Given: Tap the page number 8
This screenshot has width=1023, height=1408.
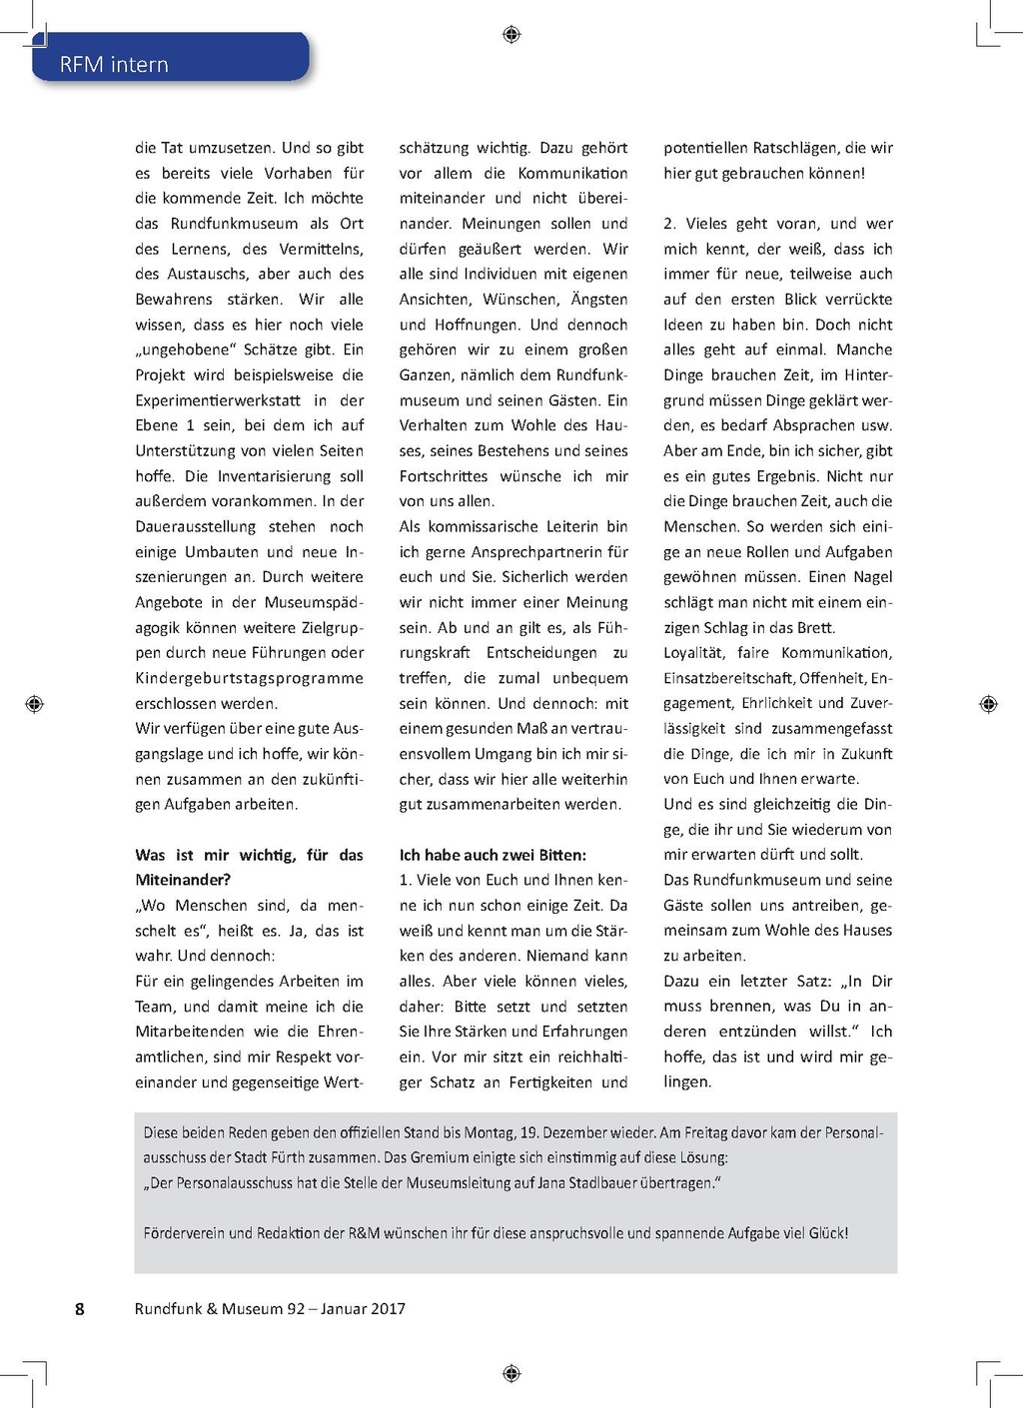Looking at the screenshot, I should click(80, 1309).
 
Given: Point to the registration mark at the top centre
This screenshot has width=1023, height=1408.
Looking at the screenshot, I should click(511, 35).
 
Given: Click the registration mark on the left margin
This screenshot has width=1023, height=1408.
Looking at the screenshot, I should click(34, 704).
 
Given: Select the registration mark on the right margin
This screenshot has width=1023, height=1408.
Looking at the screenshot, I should click(988, 704).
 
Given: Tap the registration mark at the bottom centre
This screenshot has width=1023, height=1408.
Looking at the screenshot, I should click(511, 1373).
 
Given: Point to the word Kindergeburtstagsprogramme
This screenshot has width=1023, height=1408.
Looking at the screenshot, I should click(249, 678).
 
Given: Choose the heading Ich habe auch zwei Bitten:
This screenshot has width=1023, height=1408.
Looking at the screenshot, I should click(493, 855).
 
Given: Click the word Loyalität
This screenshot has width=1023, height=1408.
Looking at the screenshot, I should click(693, 653).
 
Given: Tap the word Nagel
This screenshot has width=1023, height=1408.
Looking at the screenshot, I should click(870, 577).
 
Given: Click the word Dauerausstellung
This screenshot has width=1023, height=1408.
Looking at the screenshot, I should click(195, 526).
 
